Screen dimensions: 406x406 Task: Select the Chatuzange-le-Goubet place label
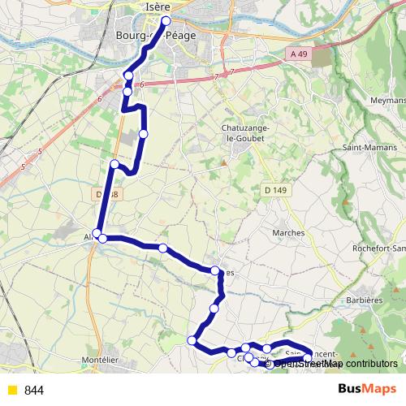coord(241,132)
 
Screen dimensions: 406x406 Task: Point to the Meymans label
coord(387,101)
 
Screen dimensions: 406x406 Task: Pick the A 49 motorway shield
coord(298,54)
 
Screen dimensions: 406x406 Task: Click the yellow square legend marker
coord(11,391)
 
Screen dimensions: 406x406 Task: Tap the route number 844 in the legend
coord(34,391)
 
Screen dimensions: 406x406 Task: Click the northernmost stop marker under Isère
coord(166,21)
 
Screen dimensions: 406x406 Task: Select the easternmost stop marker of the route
coord(308,357)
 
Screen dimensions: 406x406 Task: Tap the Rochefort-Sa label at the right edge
coord(387,248)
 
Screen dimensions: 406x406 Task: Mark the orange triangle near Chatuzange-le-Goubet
coord(223,163)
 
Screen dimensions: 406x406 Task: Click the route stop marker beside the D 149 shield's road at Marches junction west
coord(215,270)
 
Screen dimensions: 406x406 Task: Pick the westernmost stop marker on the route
coord(97,234)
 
